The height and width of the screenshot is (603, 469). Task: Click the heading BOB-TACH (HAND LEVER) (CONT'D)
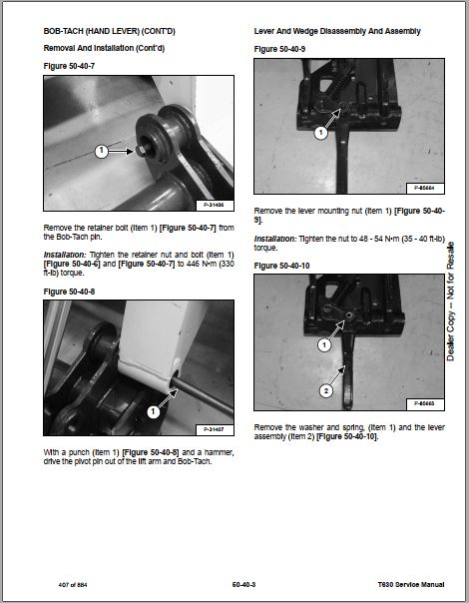point(109,31)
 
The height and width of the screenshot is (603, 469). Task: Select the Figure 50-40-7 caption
point(69,66)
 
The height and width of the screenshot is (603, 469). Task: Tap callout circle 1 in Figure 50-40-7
point(101,151)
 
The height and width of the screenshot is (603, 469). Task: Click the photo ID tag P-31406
point(215,206)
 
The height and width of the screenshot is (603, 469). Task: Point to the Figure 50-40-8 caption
point(69,292)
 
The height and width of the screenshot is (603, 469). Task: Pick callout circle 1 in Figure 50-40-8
point(153,412)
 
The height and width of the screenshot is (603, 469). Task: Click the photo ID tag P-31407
point(215,430)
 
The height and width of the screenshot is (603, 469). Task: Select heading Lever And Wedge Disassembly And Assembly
point(337,31)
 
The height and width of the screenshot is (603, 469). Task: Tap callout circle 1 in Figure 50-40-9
point(321,133)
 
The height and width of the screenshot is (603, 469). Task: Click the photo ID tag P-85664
point(425,189)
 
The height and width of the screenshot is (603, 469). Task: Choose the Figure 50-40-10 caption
point(281,266)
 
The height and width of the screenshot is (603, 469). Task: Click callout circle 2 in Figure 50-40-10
point(326,391)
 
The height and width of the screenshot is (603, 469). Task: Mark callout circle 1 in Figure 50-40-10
point(324,344)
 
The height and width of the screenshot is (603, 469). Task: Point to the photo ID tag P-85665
point(425,404)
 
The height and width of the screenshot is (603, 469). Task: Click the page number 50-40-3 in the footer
point(243,585)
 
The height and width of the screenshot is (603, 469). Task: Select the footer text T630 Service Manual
point(411,585)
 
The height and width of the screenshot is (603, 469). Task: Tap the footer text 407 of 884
point(73,585)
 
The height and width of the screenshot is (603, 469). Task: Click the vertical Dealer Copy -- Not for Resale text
point(450,301)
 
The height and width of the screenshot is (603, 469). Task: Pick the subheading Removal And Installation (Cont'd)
point(104,48)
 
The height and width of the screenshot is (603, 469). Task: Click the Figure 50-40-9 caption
point(279,49)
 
